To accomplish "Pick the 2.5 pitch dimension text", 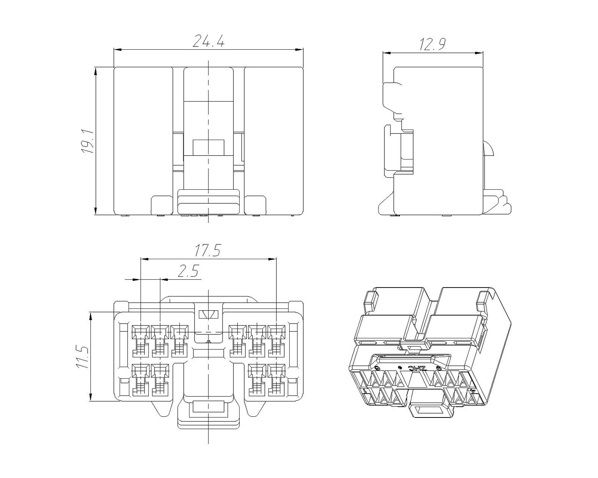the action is pyautogui.click(x=188, y=271).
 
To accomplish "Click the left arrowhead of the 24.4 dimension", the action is pyautogui.click(x=118, y=50).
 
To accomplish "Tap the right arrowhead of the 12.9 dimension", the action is pyautogui.click(x=479, y=52).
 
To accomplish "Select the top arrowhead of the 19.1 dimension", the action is pyautogui.click(x=95, y=71).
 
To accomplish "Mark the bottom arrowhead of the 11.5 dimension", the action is pyautogui.click(x=90, y=397).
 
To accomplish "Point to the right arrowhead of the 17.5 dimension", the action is pyautogui.click(x=273, y=259).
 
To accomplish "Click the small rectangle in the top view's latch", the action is pyautogui.click(x=209, y=147).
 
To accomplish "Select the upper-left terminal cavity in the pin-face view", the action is pyautogui.click(x=141, y=341).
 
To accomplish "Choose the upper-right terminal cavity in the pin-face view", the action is pyautogui.click(x=276, y=341).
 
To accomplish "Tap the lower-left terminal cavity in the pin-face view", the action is pyautogui.click(x=141, y=380).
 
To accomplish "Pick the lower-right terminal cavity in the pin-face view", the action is pyautogui.click(x=276, y=380).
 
